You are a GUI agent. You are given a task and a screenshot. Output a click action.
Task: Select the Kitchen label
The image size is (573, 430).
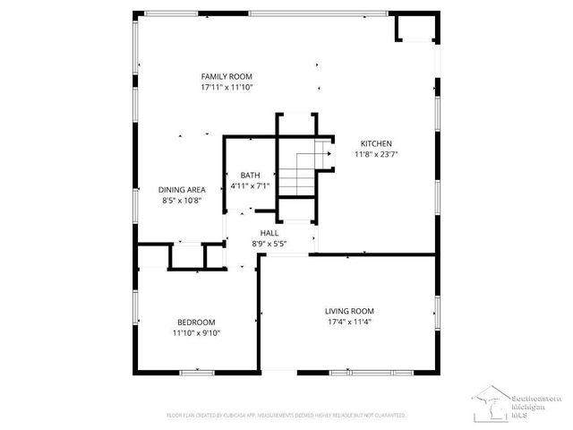click(376, 143)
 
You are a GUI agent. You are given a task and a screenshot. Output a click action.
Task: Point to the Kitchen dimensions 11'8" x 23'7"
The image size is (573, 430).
click(376, 154)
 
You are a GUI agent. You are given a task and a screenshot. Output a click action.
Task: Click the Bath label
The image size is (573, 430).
click(250, 175)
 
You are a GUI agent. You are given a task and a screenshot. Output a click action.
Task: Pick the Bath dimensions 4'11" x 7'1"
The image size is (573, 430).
click(250, 185)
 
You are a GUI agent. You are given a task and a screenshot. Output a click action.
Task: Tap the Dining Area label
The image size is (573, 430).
click(183, 190)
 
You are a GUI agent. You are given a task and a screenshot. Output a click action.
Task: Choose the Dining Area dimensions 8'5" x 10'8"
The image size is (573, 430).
click(183, 201)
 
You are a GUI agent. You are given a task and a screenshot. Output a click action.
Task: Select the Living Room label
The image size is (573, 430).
click(349, 311)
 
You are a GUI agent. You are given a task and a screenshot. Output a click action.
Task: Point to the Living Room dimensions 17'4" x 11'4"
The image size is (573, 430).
click(349, 322)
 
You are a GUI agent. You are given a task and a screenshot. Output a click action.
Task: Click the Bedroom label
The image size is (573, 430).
click(196, 322)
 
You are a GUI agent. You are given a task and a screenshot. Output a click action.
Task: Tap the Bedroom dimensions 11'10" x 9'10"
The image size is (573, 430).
click(196, 332)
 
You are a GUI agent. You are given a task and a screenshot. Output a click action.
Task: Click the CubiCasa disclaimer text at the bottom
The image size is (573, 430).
click(286, 416)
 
